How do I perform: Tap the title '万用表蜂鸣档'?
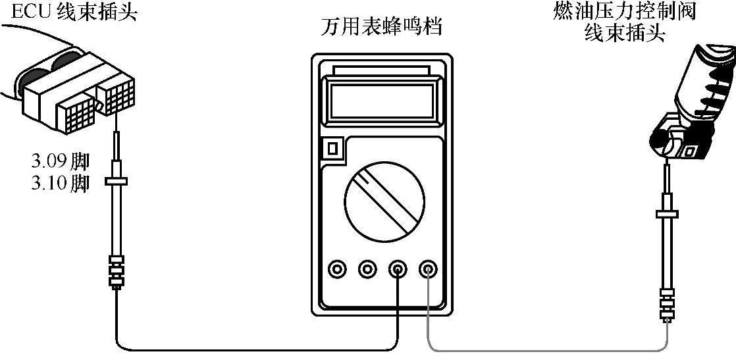pyautogui.click(x=381, y=28)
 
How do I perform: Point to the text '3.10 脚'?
pyautogui.click(x=60, y=184)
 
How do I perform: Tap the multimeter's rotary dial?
pyautogui.click(x=381, y=201)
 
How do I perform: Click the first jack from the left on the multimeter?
pyautogui.click(x=337, y=269)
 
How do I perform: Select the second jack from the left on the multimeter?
pyautogui.click(x=367, y=269)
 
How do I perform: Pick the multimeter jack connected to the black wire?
pyautogui.click(x=398, y=269)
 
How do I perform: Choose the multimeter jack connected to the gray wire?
pyautogui.click(x=428, y=269)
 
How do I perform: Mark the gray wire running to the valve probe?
pyautogui.click(x=546, y=348)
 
